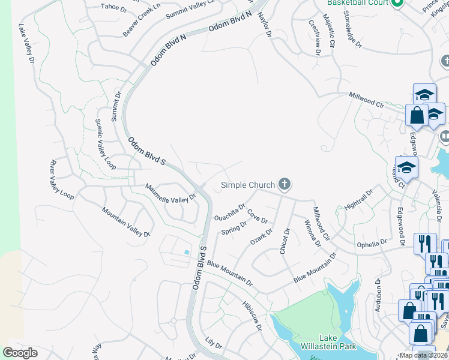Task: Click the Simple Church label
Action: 248,185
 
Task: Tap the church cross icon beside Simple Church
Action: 285,185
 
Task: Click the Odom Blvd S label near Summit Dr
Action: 147,152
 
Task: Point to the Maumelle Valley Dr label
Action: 171,193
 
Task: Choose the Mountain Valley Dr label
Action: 125,222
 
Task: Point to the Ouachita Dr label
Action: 230,213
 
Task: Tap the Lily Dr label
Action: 213,347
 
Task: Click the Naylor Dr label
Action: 265,24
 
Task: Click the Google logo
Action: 20,353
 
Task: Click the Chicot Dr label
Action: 285,241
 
